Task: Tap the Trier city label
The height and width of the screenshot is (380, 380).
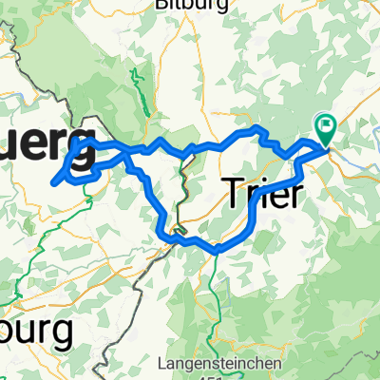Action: tap(265, 195)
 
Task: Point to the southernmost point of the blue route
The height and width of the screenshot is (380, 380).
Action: tap(218, 250)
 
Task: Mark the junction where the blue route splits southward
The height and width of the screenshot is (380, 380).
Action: tap(127, 153)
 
